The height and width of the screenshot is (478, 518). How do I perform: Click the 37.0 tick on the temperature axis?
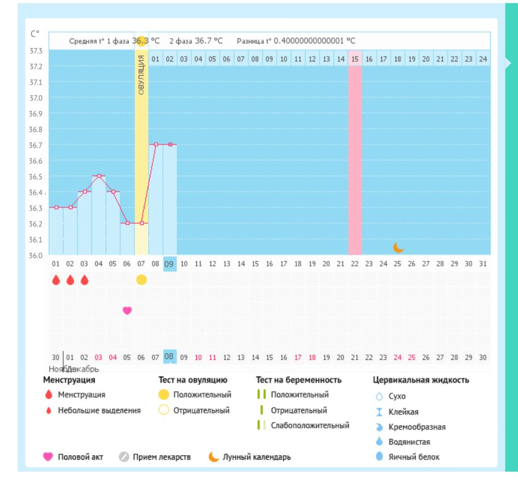[36, 98]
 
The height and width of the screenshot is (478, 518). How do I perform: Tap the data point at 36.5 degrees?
[99, 176]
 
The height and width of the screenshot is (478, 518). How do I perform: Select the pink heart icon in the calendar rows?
[127, 310]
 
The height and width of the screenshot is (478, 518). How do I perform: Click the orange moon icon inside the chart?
[398, 248]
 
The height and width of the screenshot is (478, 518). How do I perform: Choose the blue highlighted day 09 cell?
[169, 264]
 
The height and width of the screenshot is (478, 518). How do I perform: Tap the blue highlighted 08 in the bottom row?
[169, 356]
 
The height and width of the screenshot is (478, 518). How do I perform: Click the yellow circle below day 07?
[141, 280]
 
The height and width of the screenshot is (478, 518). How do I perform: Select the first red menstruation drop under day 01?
[56, 280]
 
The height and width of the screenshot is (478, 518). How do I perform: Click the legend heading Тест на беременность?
[298, 380]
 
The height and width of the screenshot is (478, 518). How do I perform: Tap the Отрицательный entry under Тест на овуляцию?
[202, 411]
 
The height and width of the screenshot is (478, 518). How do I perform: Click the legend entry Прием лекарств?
[162, 457]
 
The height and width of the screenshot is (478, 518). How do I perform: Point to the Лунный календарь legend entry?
[256, 457]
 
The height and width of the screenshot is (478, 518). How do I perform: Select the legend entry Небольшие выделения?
[99, 411]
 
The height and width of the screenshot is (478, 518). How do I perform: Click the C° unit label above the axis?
[35, 34]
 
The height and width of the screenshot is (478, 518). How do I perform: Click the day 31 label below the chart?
[483, 264]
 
